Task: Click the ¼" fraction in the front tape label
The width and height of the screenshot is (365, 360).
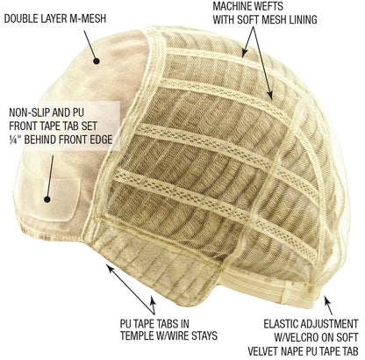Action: pos(15,140)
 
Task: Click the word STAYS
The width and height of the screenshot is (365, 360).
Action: pos(204,335)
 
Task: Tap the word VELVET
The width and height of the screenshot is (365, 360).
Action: pos(262,351)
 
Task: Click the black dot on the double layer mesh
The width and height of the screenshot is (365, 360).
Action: pos(97,61)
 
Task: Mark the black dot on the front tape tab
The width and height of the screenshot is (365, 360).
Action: pos(47,199)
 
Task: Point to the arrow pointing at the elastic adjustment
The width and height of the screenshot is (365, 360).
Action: pos(328,306)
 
